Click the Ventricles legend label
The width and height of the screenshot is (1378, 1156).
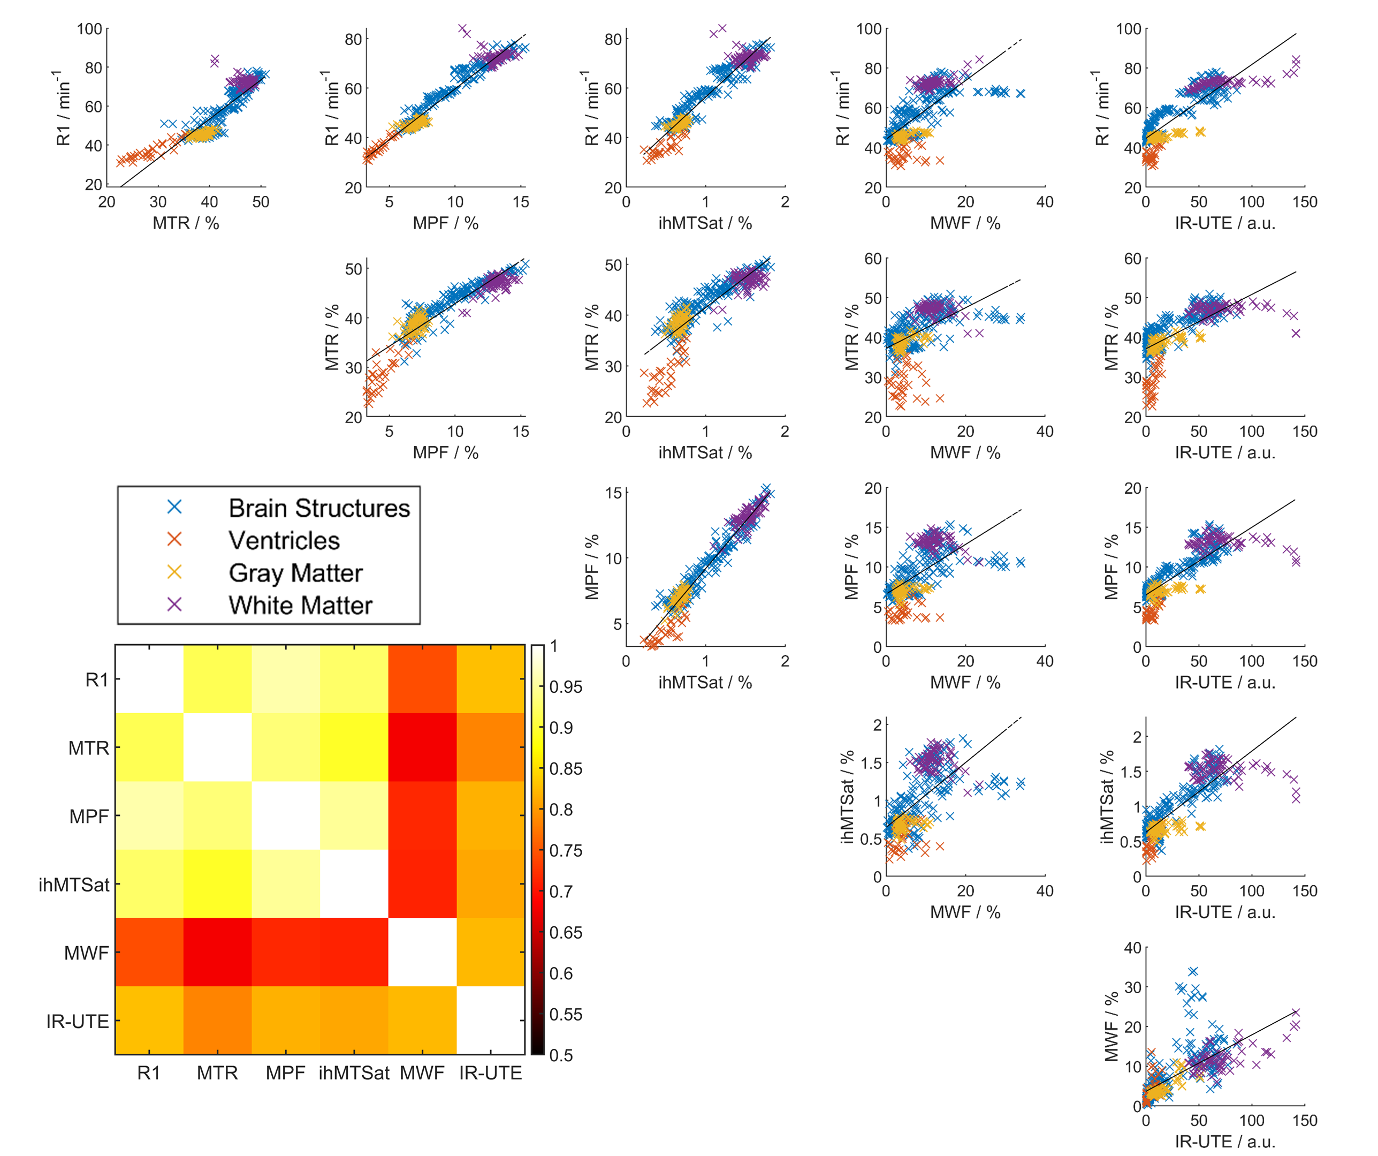coord(284,540)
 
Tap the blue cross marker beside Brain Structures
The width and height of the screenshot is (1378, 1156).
coord(174,507)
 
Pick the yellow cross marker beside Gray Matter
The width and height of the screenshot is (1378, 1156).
coord(174,572)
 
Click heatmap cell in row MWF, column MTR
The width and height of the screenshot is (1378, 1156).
coord(217,952)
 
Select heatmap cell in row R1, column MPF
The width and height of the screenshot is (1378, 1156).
coord(285,679)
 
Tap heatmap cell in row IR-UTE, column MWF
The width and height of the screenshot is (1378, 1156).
coord(422,1020)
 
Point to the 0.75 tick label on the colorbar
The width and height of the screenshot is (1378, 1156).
coord(565,851)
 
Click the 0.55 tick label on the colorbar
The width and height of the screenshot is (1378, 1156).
coord(565,1014)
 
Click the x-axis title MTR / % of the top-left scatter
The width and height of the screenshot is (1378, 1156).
coord(186,223)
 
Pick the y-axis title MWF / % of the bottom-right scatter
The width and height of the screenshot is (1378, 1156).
coord(1111,1026)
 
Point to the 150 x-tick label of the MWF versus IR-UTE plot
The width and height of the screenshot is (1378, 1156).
coord(1305,1121)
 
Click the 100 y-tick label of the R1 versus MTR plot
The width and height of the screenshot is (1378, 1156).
coord(89,29)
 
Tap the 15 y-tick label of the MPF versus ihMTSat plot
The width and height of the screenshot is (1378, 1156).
coord(613,493)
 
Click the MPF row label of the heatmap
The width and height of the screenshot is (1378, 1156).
coord(89,817)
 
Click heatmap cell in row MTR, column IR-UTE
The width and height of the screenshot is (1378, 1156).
coord(490,747)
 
